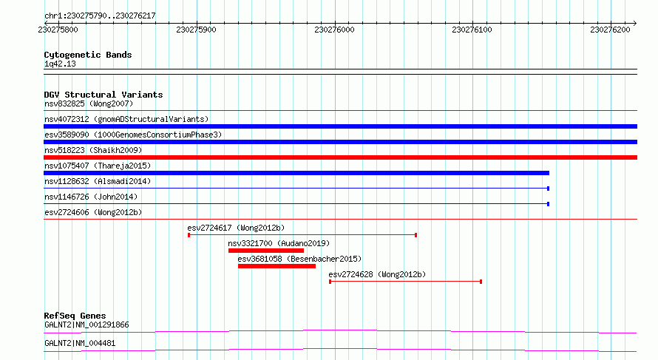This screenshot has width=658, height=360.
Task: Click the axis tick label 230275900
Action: tap(197, 30)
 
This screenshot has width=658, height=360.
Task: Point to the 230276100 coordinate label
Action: tap(472, 30)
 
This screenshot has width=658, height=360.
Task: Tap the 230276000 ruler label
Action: tap(334, 30)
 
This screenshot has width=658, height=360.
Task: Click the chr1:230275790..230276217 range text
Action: tap(100, 16)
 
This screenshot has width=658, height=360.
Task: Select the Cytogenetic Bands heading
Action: tap(88, 55)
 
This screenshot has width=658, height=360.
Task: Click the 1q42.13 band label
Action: tap(60, 64)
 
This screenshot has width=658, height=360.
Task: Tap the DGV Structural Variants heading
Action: tap(104, 95)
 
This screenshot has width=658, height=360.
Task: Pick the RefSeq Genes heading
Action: tap(75, 316)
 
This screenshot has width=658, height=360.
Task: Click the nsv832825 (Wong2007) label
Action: tap(89, 103)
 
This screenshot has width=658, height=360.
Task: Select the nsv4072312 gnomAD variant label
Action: tap(126, 119)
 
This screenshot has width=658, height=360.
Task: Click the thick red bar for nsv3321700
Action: tap(266, 251)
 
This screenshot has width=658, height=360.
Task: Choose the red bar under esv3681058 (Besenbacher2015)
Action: tap(277, 266)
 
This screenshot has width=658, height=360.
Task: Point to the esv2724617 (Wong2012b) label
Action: tap(236, 228)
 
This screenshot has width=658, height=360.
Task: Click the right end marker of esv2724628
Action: tap(481, 282)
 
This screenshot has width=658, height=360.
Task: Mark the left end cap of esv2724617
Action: tap(189, 235)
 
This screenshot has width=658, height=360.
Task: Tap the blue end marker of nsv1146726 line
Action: tap(548, 204)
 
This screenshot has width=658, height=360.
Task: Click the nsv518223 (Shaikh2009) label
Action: tap(93, 150)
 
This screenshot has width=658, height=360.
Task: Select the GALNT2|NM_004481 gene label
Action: tap(80, 343)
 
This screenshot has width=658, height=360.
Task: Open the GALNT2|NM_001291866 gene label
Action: tap(87, 325)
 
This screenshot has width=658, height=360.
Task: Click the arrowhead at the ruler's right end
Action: tap(635, 23)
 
